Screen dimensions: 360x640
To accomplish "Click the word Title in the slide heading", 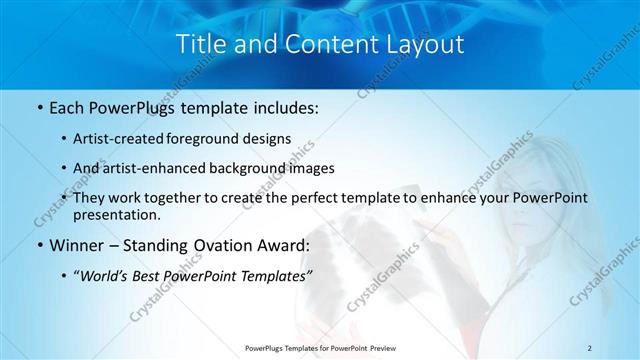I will tap(199, 45).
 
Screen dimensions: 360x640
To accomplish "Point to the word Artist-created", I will tap(124, 138).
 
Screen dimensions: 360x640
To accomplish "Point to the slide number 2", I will tap(590, 347).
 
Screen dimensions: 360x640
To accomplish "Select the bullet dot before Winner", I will tap(38, 245).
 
